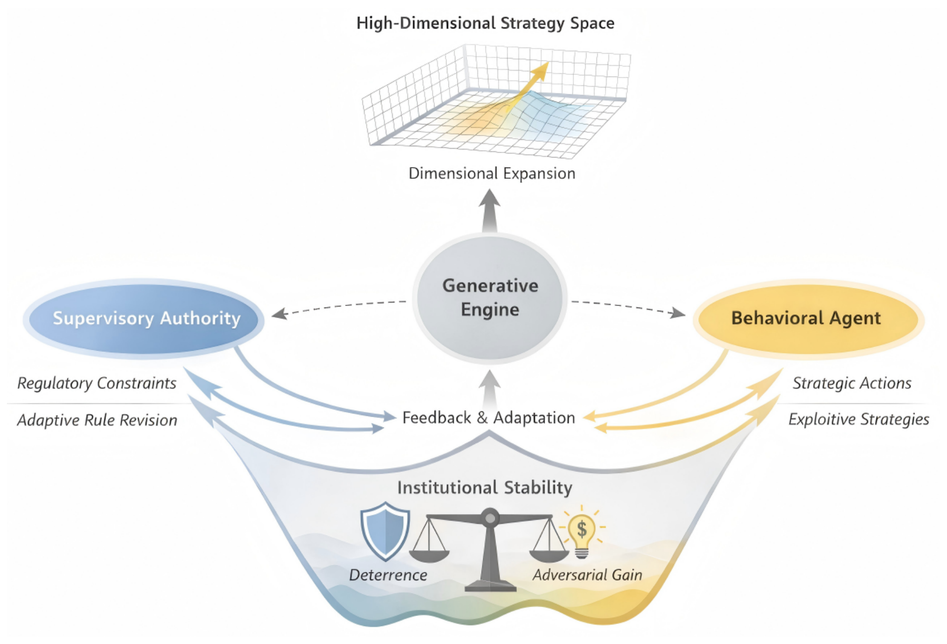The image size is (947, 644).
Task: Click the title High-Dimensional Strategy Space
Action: click(485, 24)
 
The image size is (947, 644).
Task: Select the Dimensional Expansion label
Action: click(492, 174)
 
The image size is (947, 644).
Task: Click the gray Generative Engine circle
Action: click(490, 298)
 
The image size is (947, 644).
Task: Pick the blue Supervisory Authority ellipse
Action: click(144, 319)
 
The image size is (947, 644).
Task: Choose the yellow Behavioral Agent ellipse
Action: click(808, 319)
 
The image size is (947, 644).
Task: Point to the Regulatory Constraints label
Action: click(97, 383)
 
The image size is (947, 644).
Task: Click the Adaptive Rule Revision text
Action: click(97, 420)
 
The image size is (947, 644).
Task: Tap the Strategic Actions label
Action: click(852, 383)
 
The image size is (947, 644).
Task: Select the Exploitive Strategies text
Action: click(858, 419)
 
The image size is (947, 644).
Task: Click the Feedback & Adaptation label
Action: click(489, 418)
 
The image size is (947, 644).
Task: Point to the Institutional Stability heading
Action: click(485, 487)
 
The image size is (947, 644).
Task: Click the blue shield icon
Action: click(385, 531)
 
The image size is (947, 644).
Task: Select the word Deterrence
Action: click(388, 575)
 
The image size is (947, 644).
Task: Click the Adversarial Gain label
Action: click(587, 575)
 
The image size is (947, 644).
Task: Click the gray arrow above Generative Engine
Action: click(490, 210)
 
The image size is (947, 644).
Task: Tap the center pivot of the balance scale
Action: click(490, 517)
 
